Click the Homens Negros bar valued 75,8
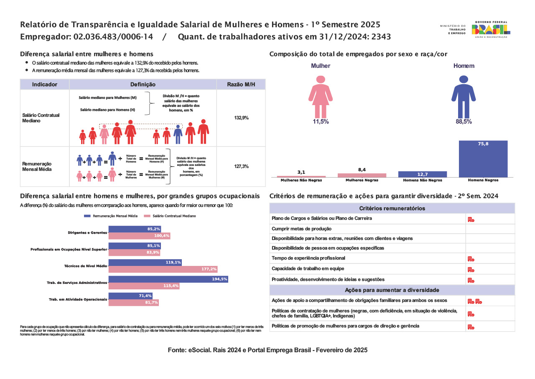coord(483,159)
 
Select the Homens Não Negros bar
coord(423,174)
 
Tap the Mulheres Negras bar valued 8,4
coord(362,175)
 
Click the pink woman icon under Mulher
coord(321,97)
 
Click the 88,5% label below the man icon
coord(464,122)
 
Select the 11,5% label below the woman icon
coord(321,122)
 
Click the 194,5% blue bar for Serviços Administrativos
coord(168,279)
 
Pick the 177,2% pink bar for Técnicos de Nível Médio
coord(163,269)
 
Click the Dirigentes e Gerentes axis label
coord(87,232)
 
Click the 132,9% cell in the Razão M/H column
coord(241,118)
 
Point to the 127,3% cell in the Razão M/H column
coord(241,166)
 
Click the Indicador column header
coord(45,85)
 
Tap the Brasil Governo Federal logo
coord(491,29)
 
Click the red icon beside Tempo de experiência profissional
coord(471,259)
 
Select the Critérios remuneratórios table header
coord(392,209)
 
